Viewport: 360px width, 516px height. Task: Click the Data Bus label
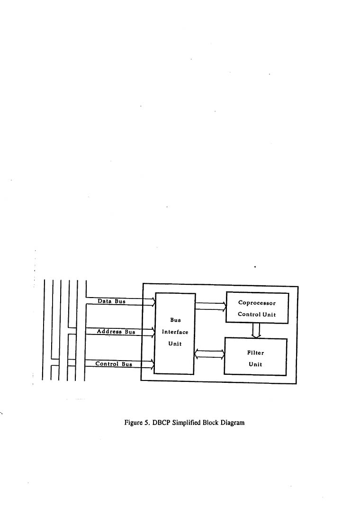pos(111,301)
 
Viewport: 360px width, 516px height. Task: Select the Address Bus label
pos(116,332)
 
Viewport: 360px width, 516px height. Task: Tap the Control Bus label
pos(114,364)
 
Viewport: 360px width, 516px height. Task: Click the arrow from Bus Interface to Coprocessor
pos(211,307)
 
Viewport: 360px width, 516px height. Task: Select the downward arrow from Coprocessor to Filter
pos(256,330)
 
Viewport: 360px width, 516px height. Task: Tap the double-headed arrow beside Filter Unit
pos(210,354)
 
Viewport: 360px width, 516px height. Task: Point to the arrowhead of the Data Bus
pos(153,302)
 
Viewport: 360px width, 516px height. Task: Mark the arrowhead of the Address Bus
pos(153,332)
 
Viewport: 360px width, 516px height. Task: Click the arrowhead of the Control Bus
pos(152,364)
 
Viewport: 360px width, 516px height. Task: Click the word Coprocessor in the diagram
pos(257,303)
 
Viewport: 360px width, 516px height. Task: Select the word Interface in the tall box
pos(175,332)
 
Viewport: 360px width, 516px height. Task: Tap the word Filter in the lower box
pos(256,353)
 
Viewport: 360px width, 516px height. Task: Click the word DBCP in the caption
pos(161,423)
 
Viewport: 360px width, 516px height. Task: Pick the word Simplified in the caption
pos(186,423)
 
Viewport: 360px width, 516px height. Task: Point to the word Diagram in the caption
pos(233,423)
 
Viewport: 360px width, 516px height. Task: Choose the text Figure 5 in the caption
pos(137,423)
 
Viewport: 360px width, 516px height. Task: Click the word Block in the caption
pos(211,423)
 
